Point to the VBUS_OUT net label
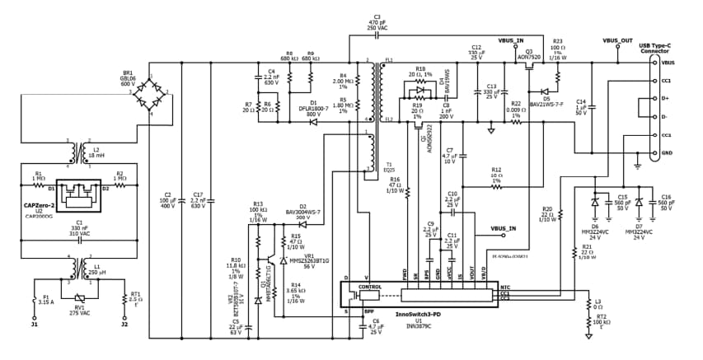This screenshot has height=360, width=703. pos(617,40)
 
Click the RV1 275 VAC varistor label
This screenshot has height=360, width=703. pos(79,307)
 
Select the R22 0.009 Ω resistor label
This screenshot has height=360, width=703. pos(515,106)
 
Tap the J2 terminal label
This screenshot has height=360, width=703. pos(124,325)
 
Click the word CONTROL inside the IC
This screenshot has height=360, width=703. pos(369,287)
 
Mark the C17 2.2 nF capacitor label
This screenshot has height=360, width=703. pos(197,199)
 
